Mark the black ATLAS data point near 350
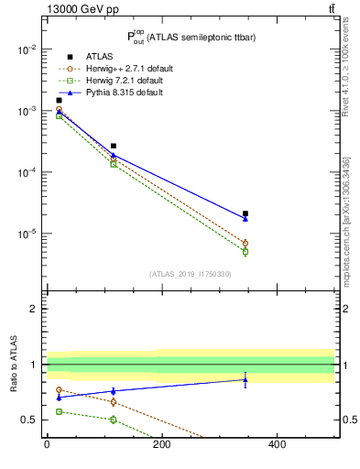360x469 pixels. click(245, 213)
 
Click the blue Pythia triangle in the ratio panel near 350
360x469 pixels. click(245, 379)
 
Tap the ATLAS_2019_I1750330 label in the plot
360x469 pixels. click(190, 274)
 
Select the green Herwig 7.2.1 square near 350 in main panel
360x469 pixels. click(245, 251)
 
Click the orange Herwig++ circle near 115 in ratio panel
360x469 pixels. click(114, 402)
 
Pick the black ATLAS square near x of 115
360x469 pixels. click(114, 146)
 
